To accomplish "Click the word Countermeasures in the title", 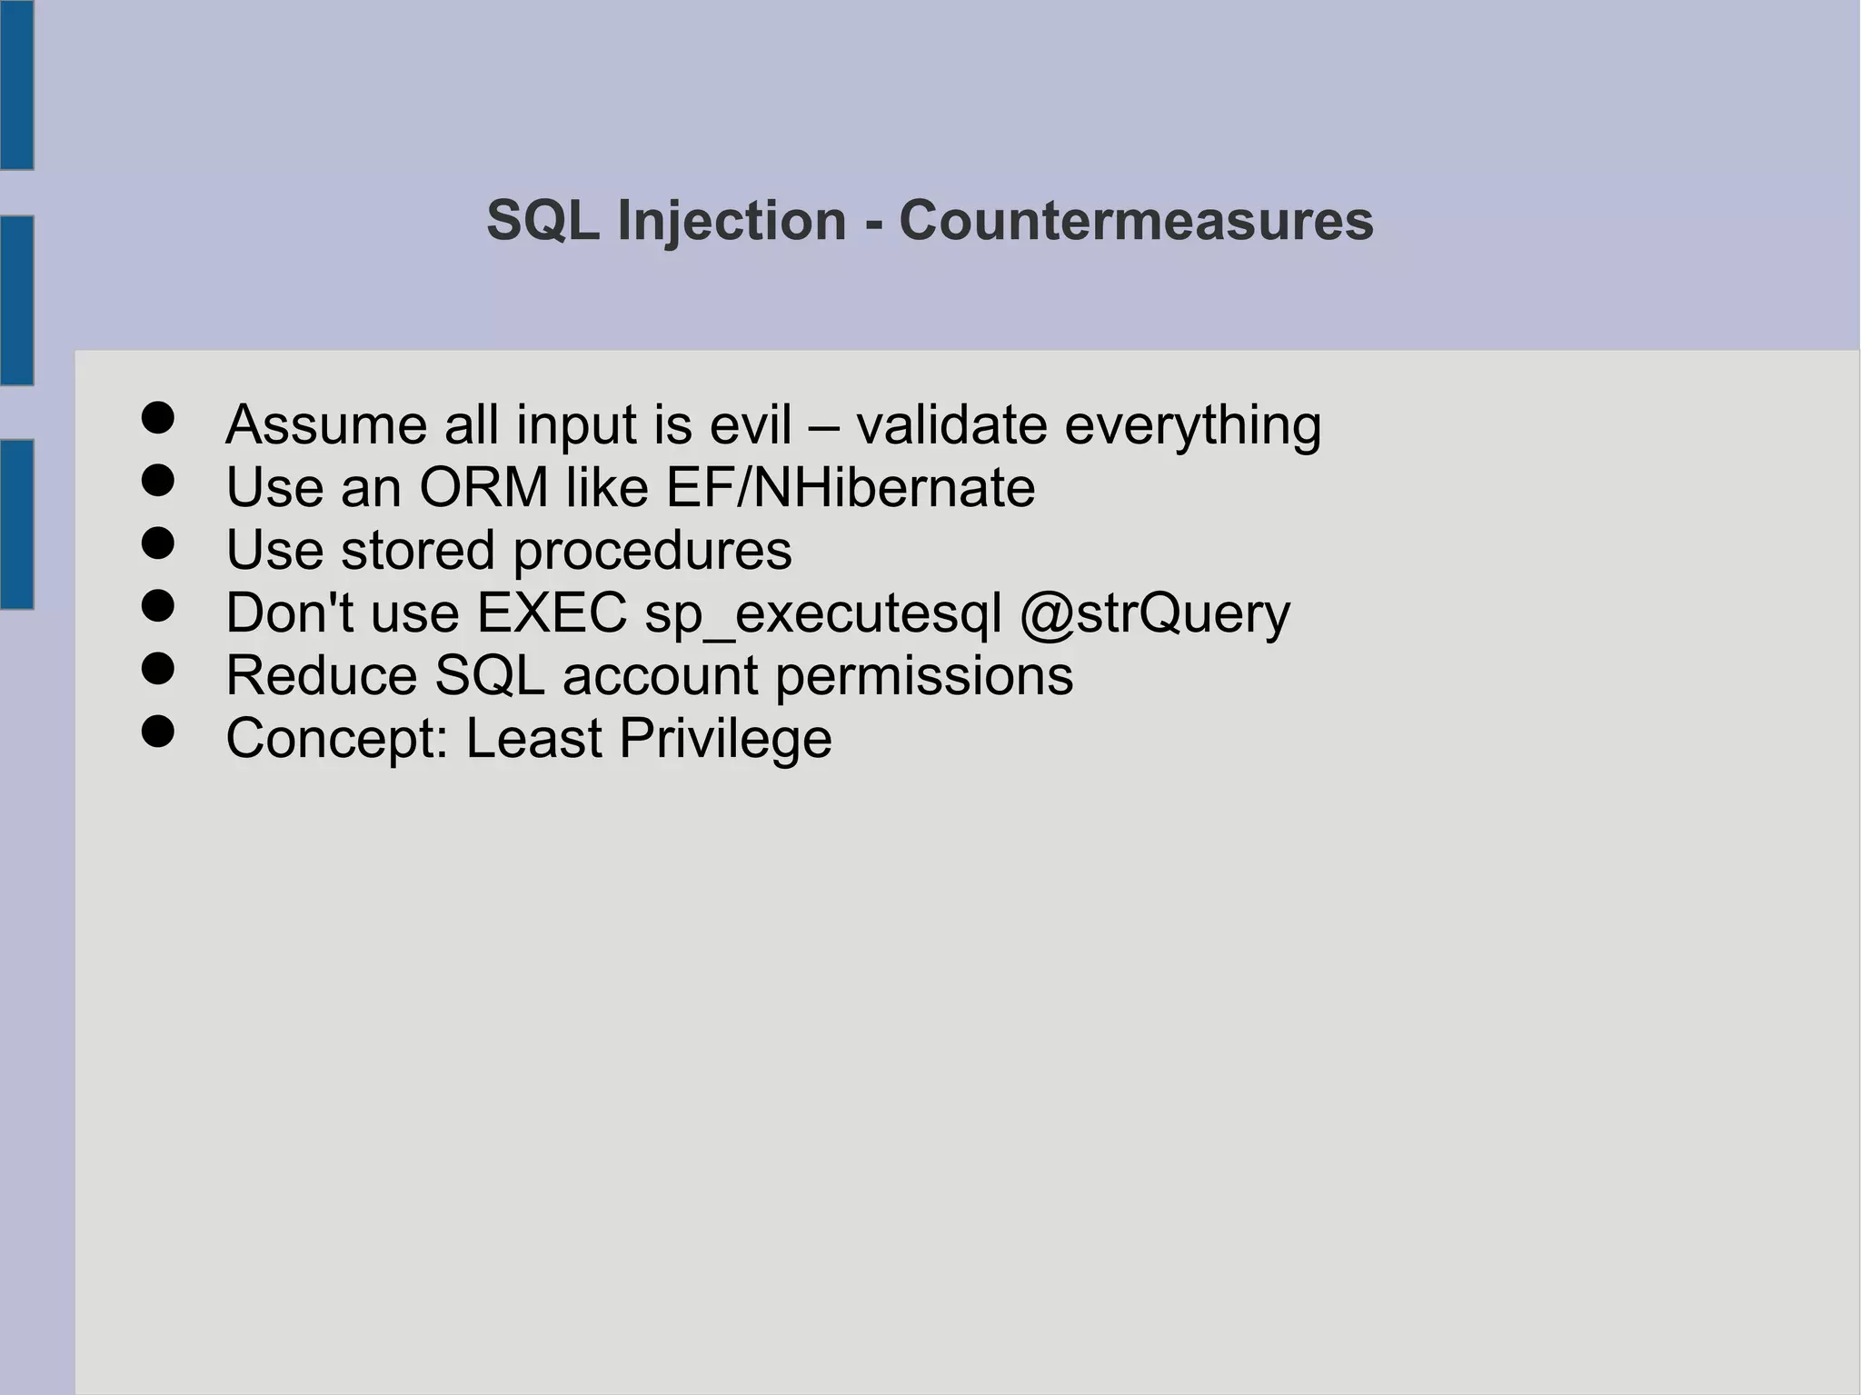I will pyautogui.click(x=1136, y=221).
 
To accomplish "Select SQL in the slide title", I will pyautogui.click(x=542, y=221).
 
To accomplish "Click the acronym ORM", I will pyautogui.click(x=483, y=487).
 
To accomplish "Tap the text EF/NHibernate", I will pyautogui.click(x=851, y=487).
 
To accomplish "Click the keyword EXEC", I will pyautogui.click(x=552, y=613).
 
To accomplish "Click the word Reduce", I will pyautogui.click(x=321, y=675).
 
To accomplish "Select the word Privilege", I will pyautogui.click(x=725, y=739).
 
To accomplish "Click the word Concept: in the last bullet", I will pyautogui.click(x=337, y=739).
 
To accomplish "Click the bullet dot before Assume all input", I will pyautogui.click(x=158, y=419).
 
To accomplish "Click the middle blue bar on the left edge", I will pyautogui.click(x=16, y=300).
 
